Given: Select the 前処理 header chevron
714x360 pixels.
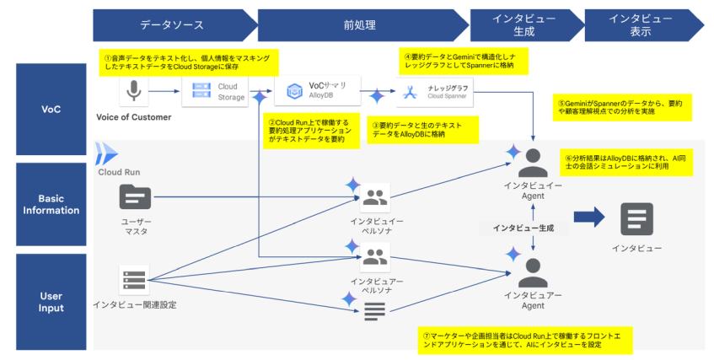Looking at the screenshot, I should [361, 25].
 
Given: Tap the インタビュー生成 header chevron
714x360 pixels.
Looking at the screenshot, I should [523, 25].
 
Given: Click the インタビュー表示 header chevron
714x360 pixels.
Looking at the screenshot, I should [640, 25].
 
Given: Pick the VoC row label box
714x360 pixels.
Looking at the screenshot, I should [51, 109].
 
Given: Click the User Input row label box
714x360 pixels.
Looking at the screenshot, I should [51, 301].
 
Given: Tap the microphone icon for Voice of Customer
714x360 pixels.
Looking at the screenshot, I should [133, 91].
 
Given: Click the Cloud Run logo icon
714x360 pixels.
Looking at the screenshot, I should [108, 153].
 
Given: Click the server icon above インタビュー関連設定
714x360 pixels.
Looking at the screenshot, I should [134, 279].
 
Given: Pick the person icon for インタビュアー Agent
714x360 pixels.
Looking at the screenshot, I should [533, 271].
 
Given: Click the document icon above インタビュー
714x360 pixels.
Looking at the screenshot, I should [636, 218].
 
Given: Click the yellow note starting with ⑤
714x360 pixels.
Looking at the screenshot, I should [620, 105].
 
